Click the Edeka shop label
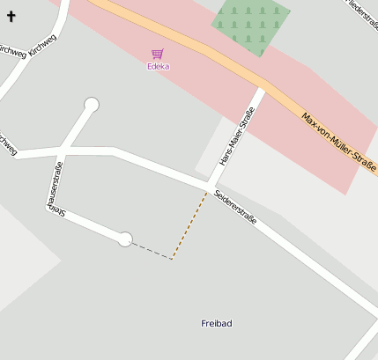tap(159, 66)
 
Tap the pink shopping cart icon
tap(158, 54)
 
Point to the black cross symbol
tap(11, 17)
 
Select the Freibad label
tap(217, 324)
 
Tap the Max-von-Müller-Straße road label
tap(338, 141)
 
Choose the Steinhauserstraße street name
tap(55, 188)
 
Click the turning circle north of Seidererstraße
tap(91, 105)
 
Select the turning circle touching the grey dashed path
tap(125, 239)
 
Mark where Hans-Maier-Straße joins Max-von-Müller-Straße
tap(263, 88)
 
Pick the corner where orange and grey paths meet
tap(173, 258)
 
